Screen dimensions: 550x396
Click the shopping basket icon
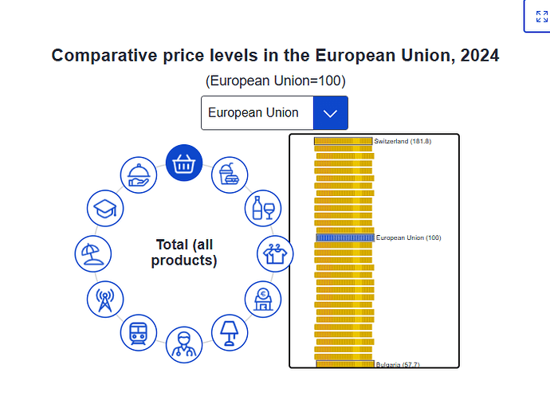pos(184,163)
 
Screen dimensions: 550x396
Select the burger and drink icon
pos(230,174)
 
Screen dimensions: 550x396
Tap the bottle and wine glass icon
pos(263,208)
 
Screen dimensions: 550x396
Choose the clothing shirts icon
pos(275,253)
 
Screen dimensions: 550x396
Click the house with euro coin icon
pos(263,300)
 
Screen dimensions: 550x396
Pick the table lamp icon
pos(230,332)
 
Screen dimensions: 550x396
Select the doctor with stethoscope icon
pos(184,345)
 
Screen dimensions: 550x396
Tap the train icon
pos(138,332)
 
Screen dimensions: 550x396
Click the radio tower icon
pos(105,300)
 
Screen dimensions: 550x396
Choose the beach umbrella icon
pos(93,253)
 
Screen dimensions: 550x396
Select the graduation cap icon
pos(105,208)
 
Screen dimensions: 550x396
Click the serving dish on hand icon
pos(138,174)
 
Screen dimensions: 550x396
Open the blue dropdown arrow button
pos(331,113)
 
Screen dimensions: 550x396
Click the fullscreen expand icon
pos(542,17)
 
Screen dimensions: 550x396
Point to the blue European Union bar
pos(345,237)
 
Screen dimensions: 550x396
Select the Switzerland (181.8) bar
pos(343,141)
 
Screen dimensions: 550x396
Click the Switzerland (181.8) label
pos(403,141)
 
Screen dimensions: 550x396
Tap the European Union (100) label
pos(409,237)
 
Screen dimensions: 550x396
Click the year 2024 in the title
pos(480,56)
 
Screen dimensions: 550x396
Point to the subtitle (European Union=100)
pos(275,80)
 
